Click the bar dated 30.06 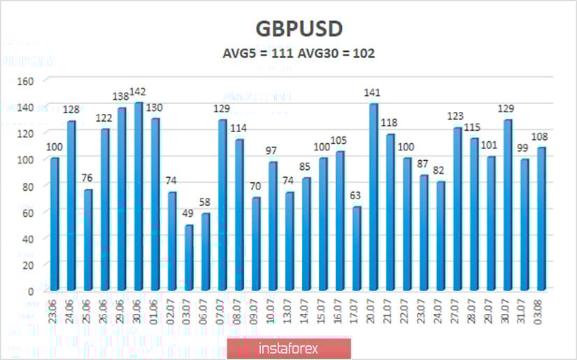(x=138, y=196)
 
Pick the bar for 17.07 (x=357, y=248)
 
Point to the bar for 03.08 (x=542, y=219)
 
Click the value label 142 (x=138, y=93)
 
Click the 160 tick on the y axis (x=25, y=80)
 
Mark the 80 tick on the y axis (x=28, y=186)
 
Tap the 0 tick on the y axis (x=31, y=291)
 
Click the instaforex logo (x=289, y=347)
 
